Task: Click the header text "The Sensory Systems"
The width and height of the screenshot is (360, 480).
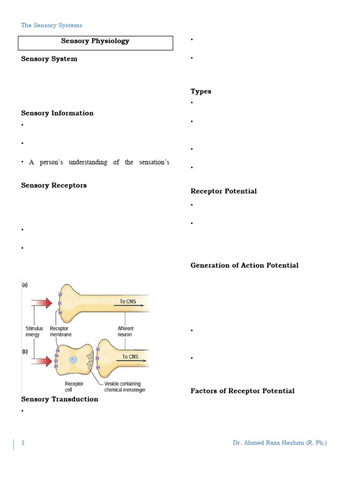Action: [x=52, y=25]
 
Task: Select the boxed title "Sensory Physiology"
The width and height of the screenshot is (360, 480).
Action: [x=95, y=41]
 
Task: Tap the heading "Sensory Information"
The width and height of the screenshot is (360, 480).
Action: [x=57, y=113]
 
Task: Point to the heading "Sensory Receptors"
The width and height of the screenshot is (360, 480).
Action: [x=54, y=185]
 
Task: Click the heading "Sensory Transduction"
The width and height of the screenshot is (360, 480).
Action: [x=60, y=399]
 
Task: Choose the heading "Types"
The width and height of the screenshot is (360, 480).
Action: [x=201, y=91]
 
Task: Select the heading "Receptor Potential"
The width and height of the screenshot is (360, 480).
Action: [x=224, y=191]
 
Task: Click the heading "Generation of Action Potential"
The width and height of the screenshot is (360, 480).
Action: [x=244, y=265]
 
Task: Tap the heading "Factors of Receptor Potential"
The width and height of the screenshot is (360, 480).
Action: [x=242, y=391]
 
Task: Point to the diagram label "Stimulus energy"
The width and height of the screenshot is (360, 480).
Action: [x=34, y=332]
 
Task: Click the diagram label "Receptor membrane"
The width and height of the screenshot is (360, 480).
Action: [x=60, y=332]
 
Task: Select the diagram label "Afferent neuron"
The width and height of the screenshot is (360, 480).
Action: [x=125, y=332]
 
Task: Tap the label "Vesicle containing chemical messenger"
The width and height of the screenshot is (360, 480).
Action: [x=125, y=387]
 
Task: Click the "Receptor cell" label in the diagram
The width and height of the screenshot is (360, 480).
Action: [x=74, y=387]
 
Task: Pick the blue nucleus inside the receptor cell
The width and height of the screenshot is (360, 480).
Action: [x=73, y=360]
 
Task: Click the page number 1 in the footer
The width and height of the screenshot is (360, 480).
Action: [x=22, y=443]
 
